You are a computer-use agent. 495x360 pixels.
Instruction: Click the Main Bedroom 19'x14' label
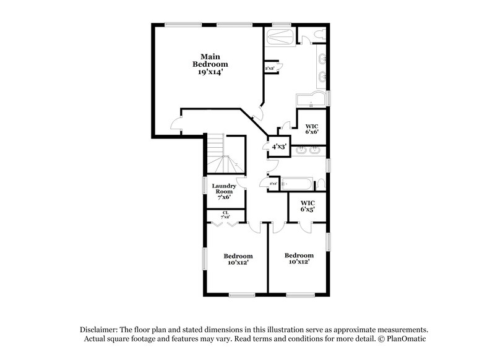pos(210,63)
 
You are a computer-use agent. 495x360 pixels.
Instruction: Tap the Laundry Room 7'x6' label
pos(225,191)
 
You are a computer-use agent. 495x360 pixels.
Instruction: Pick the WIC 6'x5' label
pos(308,207)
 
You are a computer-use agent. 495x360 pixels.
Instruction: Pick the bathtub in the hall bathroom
pos(296,184)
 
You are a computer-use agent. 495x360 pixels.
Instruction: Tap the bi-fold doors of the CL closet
pos(225,224)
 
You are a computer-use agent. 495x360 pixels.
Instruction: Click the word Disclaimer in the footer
pos(100,330)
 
